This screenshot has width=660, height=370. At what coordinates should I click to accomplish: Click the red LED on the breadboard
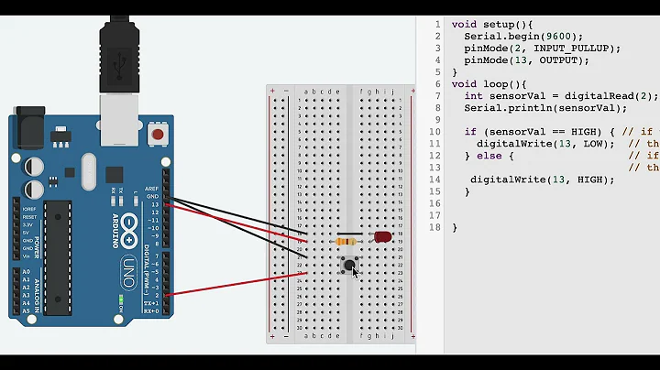pyautogui.click(x=382, y=237)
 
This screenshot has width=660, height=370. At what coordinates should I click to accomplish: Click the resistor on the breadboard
pyautogui.click(x=347, y=242)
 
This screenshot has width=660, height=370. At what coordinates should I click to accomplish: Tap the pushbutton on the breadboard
pyautogui.click(x=348, y=266)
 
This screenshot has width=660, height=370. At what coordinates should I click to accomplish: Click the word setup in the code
pyautogui.click(x=488, y=24)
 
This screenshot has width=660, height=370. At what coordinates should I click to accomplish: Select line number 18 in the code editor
pyautogui.click(x=434, y=227)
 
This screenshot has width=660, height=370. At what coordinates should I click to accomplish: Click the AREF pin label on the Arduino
pyautogui.click(x=151, y=189)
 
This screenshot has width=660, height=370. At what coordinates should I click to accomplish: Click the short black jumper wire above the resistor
pyautogui.click(x=349, y=233)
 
